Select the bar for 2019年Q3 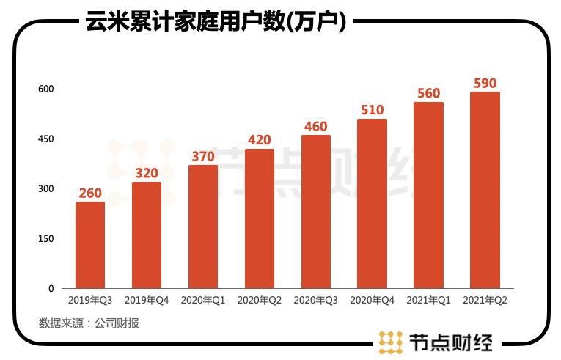tap(90, 245)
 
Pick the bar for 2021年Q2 tap(485, 190)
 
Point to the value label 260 tap(90, 194)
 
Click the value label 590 tap(485, 83)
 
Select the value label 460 tap(315, 126)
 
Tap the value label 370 tap(203, 156)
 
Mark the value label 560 tap(428, 93)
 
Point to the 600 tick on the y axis tap(46, 89)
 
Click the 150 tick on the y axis tap(46, 239)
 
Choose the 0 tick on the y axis tap(51, 289)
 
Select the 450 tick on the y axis tap(46, 139)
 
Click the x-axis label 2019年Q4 tap(147, 301)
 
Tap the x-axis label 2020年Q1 tap(203, 301)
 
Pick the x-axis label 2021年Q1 tap(428, 301)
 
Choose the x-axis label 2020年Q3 tap(315, 301)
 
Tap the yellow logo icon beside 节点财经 tap(391, 342)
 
